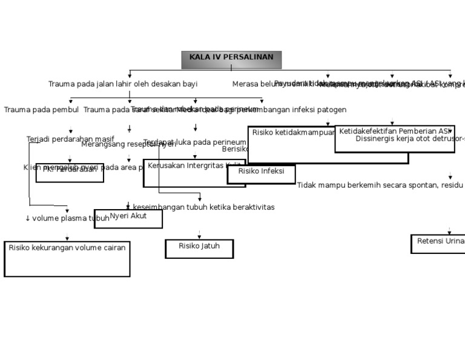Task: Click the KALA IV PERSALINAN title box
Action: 231,59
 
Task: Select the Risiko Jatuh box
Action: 199,248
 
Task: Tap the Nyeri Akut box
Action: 128,218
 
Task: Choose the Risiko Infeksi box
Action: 261,174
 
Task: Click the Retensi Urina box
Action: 440,244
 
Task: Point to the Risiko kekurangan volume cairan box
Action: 67,259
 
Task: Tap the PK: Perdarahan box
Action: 70,173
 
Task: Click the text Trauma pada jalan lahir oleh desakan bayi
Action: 123,84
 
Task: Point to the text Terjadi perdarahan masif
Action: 70,139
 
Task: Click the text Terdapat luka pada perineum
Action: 195,142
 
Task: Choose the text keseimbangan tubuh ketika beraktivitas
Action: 203,207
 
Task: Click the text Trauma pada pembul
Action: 41,110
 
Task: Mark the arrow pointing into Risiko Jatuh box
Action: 199,235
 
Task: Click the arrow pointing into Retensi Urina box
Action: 449,230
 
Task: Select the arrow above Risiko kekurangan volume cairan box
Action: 67,237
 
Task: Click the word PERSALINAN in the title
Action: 248,57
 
